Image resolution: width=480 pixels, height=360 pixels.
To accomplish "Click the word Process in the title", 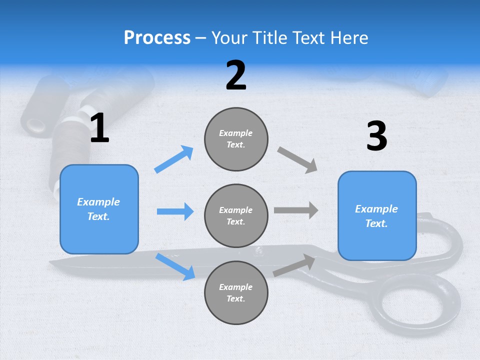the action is [x=157, y=38].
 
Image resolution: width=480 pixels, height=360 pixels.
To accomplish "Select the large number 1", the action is [x=100, y=127].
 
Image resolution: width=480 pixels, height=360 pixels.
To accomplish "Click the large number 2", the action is [x=236, y=75].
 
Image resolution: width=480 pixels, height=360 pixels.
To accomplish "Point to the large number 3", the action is [x=377, y=135].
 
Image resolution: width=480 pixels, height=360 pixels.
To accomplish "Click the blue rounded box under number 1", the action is [x=99, y=209].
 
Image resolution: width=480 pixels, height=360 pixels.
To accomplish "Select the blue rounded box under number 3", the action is [x=377, y=216].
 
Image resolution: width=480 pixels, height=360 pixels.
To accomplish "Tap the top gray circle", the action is [x=236, y=139].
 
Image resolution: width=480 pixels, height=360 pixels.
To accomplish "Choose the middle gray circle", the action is [x=236, y=216].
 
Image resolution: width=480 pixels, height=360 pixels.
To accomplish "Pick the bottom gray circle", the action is [x=236, y=292].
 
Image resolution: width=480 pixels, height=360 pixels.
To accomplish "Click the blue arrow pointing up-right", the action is [x=173, y=159].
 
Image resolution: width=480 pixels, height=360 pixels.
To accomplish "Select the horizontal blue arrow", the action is [x=175, y=211].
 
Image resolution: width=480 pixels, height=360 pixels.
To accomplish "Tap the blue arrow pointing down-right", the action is [x=175, y=267].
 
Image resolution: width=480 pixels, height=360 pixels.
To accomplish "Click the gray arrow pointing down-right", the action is [x=297, y=160].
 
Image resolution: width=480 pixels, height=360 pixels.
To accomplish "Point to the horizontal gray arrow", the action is [x=296, y=210].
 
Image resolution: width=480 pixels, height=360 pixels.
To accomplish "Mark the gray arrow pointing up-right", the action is [x=294, y=265].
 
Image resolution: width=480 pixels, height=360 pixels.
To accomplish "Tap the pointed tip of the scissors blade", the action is [x=50, y=262].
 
